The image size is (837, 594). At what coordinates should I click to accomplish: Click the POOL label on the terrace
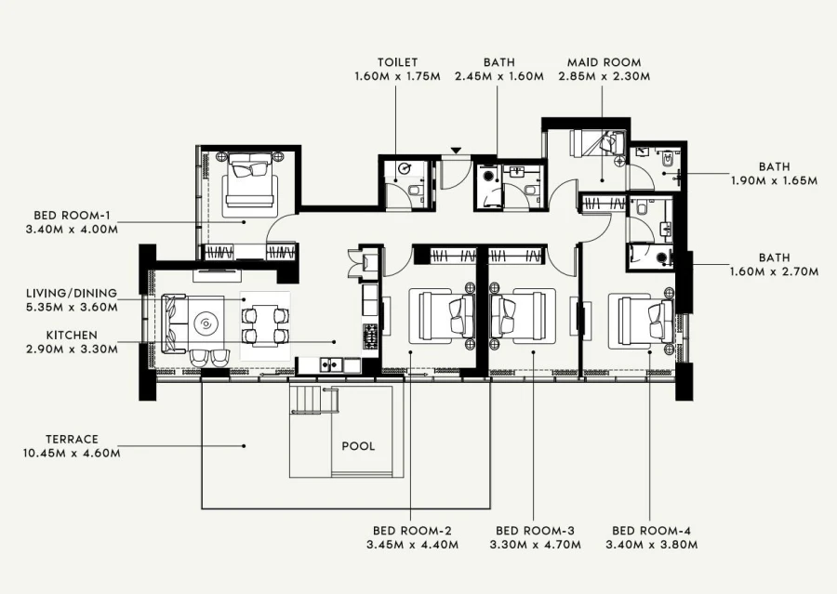(358, 446)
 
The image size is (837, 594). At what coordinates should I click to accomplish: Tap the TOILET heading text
(397, 62)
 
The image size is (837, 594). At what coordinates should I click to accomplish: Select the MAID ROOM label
(603, 62)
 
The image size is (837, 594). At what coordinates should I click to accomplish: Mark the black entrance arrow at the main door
(456, 151)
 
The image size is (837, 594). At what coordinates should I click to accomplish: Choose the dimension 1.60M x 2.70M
(774, 272)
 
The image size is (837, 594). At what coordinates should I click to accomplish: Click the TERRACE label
(72, 439)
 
